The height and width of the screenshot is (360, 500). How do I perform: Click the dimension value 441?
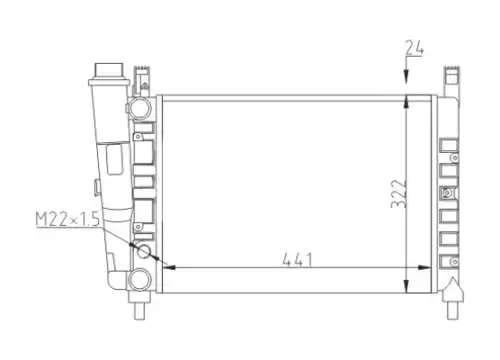(297, 260)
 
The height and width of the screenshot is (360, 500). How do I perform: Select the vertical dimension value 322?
(399, 194)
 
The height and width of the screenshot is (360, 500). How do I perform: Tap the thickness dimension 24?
(414, 48)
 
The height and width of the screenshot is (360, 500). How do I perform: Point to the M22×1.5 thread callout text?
(68, 219)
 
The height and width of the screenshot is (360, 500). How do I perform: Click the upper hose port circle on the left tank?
(140, 108)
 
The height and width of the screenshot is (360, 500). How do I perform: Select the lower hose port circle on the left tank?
(140, 279)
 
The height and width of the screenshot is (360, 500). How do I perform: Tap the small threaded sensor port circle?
(144, 251)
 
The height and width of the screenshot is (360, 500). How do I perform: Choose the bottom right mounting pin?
(452, 310)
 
